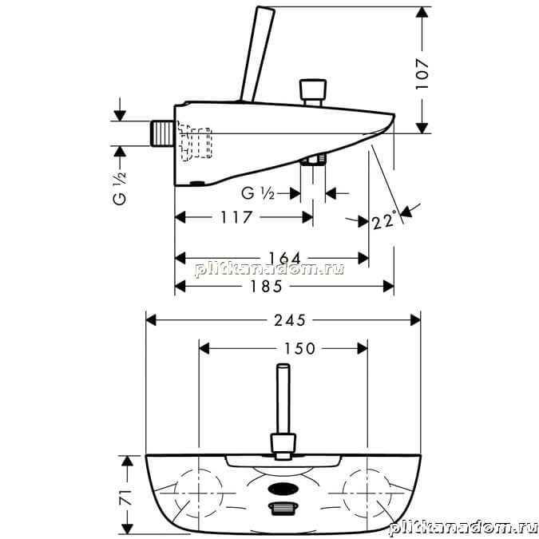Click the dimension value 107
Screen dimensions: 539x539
(x=422, y=74)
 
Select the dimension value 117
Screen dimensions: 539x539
(x=236, y=217)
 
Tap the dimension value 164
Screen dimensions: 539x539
(x=284, y=258)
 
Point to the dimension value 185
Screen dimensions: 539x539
(x=266, y=287)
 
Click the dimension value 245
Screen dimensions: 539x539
(x=289, y=321)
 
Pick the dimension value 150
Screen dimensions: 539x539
(x=299, y=349)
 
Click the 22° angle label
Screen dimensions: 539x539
(x=385, y=220)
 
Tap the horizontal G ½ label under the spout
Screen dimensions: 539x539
(x=258, y=193)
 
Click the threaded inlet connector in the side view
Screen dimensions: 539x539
(x=162, y=133)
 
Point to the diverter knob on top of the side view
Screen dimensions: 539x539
(x=313, y=93)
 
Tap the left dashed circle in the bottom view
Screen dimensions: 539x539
(x=199, y=493)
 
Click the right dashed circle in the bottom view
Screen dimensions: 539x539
(x=367, y=493)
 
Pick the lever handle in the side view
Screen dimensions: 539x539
(x=257, y=54)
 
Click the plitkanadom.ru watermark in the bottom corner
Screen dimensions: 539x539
(x=463, y=528)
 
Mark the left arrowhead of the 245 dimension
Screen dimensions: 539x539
(x=151, y=321)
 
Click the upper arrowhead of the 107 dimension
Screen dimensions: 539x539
(x=422, y=12)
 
